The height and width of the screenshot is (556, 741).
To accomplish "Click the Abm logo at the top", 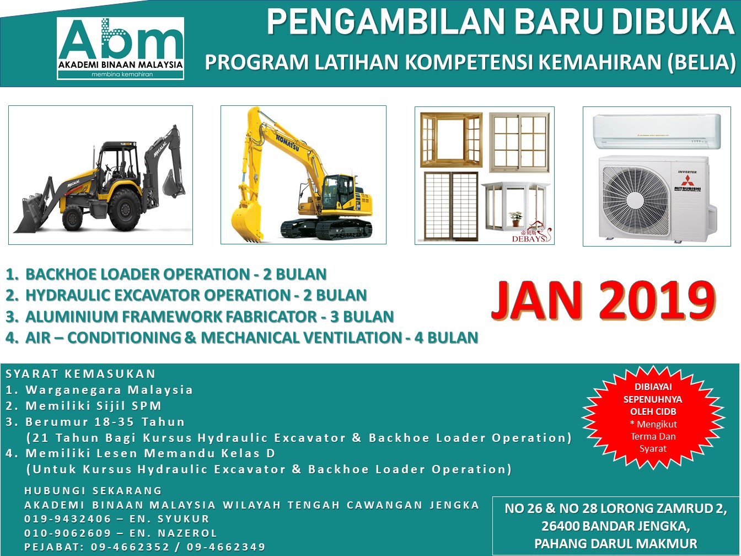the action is [121, 49].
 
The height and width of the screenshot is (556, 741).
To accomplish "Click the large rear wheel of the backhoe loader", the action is [125, 209].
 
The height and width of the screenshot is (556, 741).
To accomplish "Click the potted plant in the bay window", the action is [515, 219].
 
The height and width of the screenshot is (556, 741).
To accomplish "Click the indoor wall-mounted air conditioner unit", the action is [657, 132].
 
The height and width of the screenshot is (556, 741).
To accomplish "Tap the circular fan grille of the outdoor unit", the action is [636, 201].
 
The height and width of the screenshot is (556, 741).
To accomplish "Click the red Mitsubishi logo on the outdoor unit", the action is [686, 180].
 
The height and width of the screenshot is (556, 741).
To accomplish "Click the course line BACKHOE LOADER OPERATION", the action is [166, 274].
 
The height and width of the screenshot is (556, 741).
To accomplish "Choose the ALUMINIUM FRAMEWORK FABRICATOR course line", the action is [200, 317].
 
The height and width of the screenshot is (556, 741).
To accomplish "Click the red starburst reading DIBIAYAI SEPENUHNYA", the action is [653, 417].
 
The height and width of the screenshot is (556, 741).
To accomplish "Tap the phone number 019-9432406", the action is [67, 518].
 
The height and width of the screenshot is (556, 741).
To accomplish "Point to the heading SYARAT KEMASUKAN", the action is [80, 374].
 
